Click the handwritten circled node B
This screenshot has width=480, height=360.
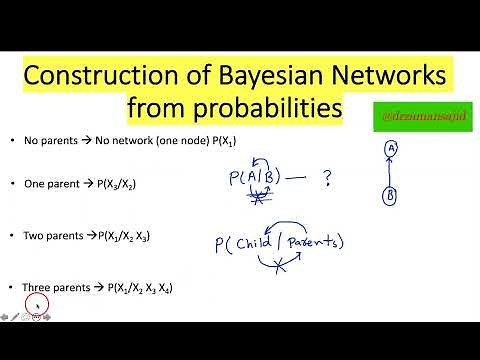[389, 196]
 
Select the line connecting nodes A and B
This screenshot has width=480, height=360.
[390, 172]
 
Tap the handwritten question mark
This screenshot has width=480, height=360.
[325, 178]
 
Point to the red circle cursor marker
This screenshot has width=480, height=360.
[37, 305]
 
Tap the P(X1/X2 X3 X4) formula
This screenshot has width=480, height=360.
[138, 288]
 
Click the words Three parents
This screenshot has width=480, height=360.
[55, 288]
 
